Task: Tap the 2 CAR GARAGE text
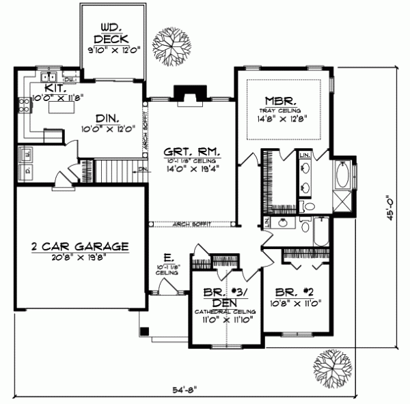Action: point(79,245)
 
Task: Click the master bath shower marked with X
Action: point(340,202)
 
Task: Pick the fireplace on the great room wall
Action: point(184,93)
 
